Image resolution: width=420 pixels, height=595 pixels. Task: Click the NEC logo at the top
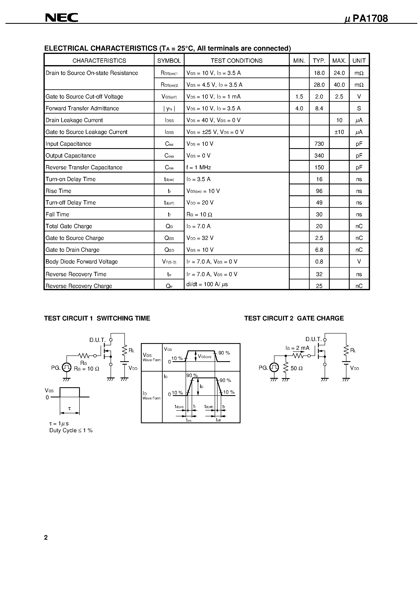pyautogui.click(x=61, y=18)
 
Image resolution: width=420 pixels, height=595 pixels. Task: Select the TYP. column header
pyautogui.click(x=319, y=61)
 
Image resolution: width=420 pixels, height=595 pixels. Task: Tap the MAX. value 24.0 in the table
pyautogui.click(x=339, y=73)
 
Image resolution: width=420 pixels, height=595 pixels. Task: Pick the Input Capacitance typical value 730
pyautogui.click(x=319, y=144)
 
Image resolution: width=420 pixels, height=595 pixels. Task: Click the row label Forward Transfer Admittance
pyautogui.click(x=82, y=108)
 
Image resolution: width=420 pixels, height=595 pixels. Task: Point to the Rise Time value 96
pyautogui.click(x=319, y=191)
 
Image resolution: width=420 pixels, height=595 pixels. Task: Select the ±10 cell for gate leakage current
pyautogui.click(x=339, y=132)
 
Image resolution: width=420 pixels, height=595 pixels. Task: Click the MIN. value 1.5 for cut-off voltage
pyautogui.click(x=299, y=97)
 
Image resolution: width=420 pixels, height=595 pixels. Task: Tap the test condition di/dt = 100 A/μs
pyautogui.click(x=207, y=284)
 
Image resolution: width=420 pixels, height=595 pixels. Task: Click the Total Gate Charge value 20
pyautogui.click(x=319, y=226)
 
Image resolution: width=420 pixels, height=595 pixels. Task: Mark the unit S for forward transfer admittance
pyautogui.click(x=359, y=108)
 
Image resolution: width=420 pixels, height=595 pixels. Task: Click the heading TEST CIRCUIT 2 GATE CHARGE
pyautogui.click(x=294, y=318)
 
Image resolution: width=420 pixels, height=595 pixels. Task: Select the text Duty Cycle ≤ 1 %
pyautogui.click(x=71, y=430)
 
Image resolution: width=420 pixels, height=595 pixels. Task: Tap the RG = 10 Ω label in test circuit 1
pyautogui.click(x=86, y=369)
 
